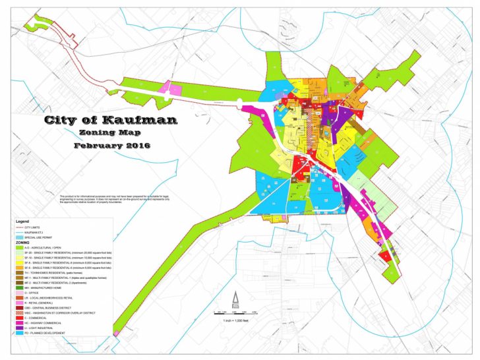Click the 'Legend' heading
point(22,221)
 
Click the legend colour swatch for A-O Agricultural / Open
point(20,248)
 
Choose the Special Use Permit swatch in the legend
point(20,237)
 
